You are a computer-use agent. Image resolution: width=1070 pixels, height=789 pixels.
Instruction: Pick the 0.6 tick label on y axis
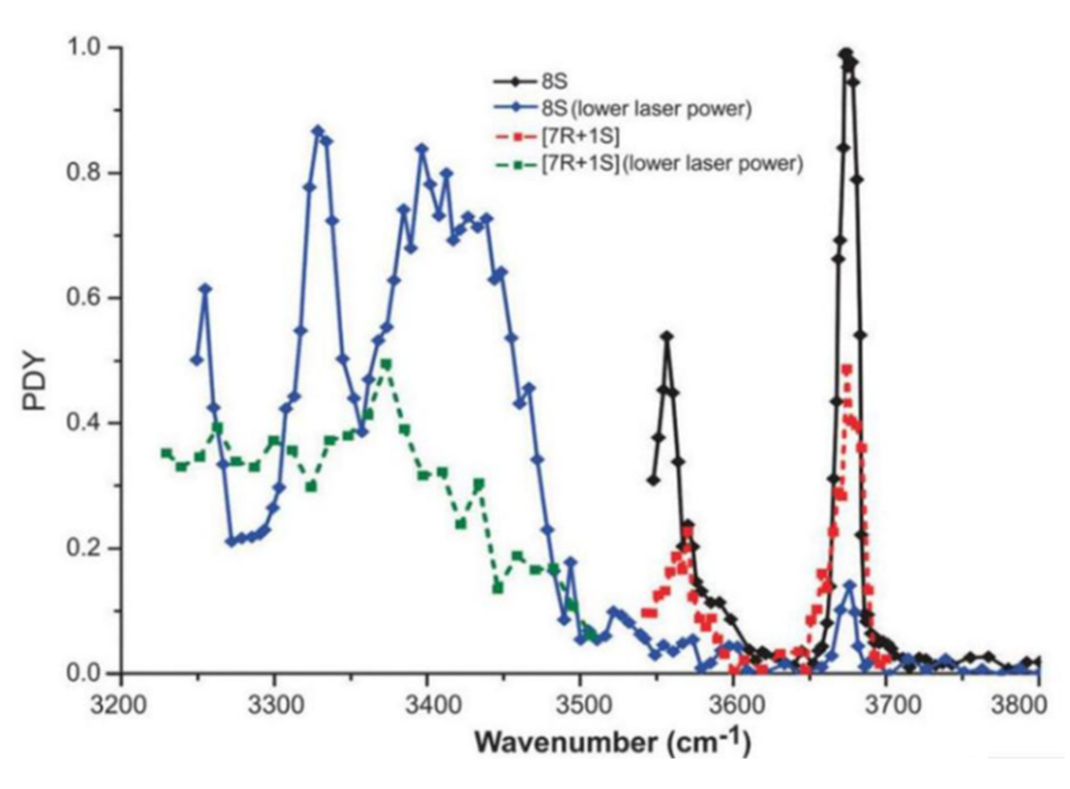point(83,298)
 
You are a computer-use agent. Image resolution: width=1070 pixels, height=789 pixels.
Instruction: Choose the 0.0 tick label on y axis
point(83,674)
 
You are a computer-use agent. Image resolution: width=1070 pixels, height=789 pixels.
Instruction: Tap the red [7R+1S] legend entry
point(581,136)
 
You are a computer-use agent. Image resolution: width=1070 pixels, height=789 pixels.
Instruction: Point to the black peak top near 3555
point(667,336)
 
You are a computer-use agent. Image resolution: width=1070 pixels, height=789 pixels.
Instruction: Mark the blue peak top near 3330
point(318,131)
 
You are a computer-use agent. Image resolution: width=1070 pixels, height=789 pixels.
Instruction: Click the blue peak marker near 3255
point(206,289)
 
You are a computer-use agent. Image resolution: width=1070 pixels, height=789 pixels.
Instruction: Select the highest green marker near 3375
point(386,364)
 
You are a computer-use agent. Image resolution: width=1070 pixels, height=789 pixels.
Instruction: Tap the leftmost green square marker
point(166,453)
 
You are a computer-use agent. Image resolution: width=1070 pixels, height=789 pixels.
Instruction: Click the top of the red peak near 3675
point(847,369)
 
